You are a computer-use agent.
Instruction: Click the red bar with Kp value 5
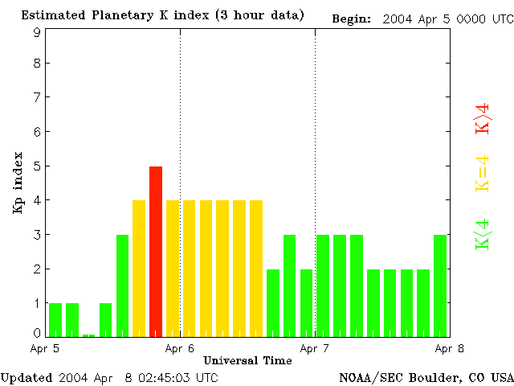pos(156,250)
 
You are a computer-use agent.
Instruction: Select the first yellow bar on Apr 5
pos(139,267)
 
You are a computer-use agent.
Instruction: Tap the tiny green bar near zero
pos(88,335)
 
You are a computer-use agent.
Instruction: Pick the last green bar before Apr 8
pos(440,284)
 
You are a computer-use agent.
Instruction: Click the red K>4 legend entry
pos(483,119)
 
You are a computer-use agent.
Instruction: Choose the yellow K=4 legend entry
pos(483,174)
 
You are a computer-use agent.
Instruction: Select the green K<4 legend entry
pos(483,234)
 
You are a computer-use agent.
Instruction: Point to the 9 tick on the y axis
pos(37,32)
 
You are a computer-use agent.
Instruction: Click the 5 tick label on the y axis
pos(37,166)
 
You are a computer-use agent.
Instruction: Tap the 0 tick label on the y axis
pos(37,332)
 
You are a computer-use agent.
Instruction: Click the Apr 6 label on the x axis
pos(180,348)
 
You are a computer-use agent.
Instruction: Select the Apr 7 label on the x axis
pos(315,348)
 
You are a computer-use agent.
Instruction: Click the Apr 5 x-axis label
pos(46,348)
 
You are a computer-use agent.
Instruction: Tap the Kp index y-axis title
pos(18,183)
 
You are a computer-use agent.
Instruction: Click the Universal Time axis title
pos(247,360)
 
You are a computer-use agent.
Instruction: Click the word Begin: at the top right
pos(351,18)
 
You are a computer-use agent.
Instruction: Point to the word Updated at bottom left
pos(26,377)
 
